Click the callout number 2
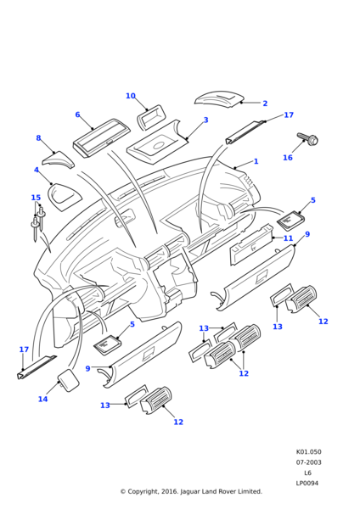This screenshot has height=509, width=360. (x=265, y=103)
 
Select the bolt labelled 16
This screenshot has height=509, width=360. (x=307, y=139)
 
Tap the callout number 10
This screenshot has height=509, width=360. (x=131, y=96)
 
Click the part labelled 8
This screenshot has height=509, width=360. (x=58, y=159)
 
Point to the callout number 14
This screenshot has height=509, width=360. (x=43, y=399)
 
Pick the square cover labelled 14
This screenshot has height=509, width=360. (x=68, y=380)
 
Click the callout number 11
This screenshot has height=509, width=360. (x=288, y=238)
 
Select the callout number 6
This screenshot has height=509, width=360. (x=77, y=115)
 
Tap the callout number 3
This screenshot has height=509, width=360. (x=205, y=120)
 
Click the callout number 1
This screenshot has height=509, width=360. (x=256, y=161)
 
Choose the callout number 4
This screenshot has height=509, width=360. (x=37, y=170)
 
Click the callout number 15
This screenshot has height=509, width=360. (x=36, y=198)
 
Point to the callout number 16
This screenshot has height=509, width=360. (x=288, y=158)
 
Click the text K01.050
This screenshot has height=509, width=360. (x=309, y=452)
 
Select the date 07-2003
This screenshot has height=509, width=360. (x=309, y=462)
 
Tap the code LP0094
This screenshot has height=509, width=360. (x=307, y=483)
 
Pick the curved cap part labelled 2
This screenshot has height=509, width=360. (x=218, y=98)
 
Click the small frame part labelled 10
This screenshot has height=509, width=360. (x=152, y=116)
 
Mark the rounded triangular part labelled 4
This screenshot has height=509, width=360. (x=65, y=197)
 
